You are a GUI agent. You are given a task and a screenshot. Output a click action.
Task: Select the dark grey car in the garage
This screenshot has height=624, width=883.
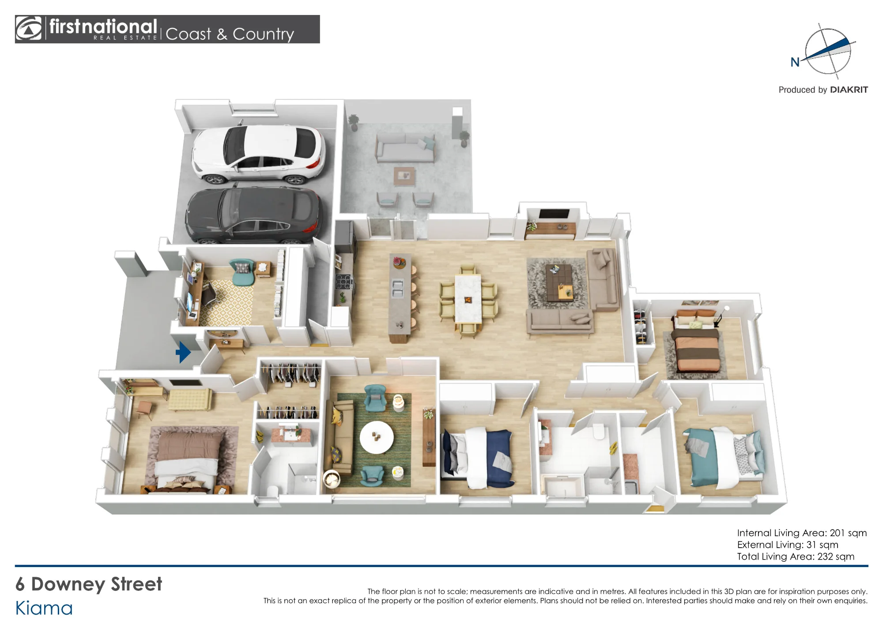pyautogui.click(x=254, y=215)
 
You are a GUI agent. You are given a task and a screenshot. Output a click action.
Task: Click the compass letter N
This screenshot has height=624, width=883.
pyautogui.click(x=795, y=62)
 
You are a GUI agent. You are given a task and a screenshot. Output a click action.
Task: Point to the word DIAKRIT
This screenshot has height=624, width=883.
pyautogui.click(x=849, y=90)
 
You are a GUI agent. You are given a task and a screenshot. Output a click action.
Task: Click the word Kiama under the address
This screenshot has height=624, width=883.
pyautogui.click(x=44, y=608)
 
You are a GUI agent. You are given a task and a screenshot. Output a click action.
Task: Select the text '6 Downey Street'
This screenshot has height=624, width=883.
pyautogui.click(x=89, y=584)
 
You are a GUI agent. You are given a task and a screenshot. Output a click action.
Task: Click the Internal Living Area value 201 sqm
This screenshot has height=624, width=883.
pyautogui.click(x=848, y=533)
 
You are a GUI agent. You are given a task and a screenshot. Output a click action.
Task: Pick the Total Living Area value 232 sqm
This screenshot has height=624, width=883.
pyautogui.click(x=836, y=556)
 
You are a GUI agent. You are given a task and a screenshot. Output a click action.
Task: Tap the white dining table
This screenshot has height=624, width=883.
pyautogui.click(x=468, y=298)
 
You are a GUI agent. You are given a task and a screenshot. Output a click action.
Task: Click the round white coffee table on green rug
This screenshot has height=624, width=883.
pyautogui.click(x=376, y=437)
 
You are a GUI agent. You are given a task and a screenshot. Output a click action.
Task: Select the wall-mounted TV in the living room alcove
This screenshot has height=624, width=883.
pyautogui.click(x=554, y=214)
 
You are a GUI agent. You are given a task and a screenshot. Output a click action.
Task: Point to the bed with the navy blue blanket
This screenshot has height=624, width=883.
pyautogui.click(x=478, y=456)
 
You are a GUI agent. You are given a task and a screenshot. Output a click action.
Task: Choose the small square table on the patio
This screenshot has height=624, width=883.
pyautogui.click(x=404, y=176)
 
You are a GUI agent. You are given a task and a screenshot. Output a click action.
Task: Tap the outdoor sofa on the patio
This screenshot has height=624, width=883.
pyautogui.click(x=405, y=148)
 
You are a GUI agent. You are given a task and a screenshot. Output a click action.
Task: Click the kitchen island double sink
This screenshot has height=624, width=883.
pyautogui.click(x=397, y=287)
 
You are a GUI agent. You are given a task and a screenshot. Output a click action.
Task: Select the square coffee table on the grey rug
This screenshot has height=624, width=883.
pyautogui.click(x=560, y=282)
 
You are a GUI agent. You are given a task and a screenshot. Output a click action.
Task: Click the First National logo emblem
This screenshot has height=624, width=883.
pyautogui.click(x=29, y=29)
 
